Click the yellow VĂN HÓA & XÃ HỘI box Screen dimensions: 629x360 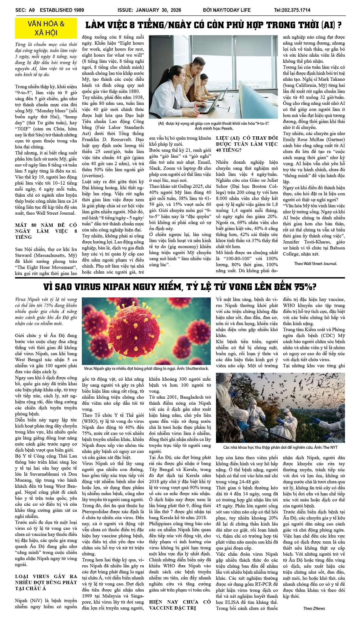pos(46,28)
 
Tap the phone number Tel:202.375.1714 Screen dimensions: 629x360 pos(292,10)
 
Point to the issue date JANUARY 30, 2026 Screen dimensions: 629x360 pos(158,10)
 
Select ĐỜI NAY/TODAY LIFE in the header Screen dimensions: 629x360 pos(227,10)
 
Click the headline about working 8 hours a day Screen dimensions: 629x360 pos(213,25)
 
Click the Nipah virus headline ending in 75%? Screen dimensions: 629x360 pos(180,287)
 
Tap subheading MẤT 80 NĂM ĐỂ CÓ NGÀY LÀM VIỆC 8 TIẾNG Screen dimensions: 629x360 pos(46,231)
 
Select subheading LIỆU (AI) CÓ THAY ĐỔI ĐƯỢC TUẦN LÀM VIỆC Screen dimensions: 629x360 pos(247,144)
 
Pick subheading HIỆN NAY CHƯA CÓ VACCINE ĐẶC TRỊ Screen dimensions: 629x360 pos(180,605)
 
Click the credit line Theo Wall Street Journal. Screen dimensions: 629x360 pos(315,264)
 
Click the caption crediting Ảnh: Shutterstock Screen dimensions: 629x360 pos(146,369)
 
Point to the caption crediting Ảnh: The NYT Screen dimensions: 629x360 pos(280,447)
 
